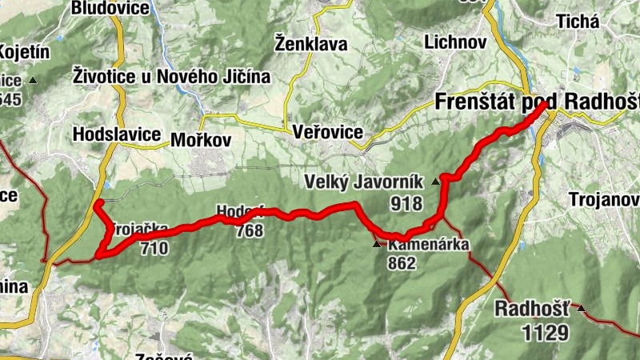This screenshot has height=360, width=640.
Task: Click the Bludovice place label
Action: (110, 9)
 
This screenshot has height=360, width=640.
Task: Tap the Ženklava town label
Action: (310, 43)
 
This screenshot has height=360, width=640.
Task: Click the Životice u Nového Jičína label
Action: (171, 77)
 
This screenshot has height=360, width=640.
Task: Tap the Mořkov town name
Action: (200, 140)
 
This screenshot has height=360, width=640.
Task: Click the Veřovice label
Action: (328, 132)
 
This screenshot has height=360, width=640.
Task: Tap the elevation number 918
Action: (406, 203)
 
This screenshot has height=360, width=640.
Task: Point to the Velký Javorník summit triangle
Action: (435, 182)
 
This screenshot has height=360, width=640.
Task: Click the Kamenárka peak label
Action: (427, 246)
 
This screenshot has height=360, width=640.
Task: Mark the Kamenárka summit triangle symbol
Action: (378, 244)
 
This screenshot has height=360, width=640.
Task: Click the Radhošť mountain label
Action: (532, 309)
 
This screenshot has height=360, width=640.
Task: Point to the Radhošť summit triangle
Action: (581, 309)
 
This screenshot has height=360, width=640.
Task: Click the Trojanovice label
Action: (604, 198)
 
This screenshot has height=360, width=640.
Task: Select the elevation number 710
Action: (153, 248)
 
